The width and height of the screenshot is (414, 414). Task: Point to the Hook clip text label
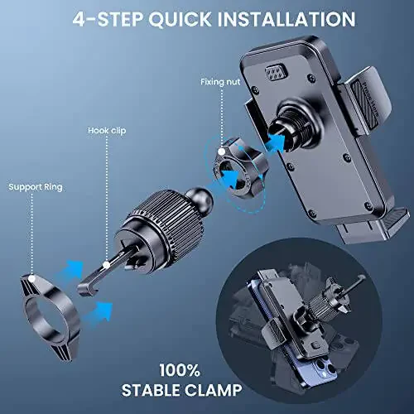point(107,131)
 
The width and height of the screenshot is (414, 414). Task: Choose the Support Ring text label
point(36,187)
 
